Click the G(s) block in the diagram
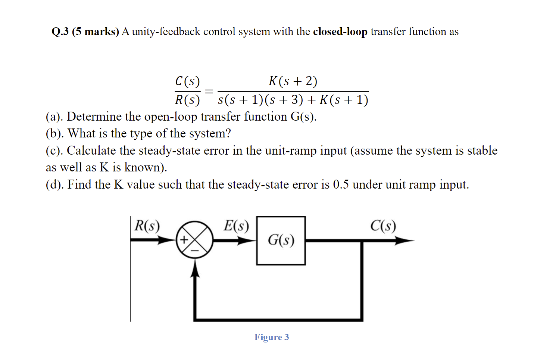click(281, 240)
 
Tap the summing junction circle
click(194, 240)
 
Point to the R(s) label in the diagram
click(147, 226)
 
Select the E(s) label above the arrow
click(236, 226)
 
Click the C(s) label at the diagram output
click(383, 226)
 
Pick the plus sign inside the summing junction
click(184, 240)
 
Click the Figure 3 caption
click(272, 337)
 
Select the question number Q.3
click(60, 32)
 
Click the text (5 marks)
click(96, 32)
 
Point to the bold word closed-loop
click(340, 32)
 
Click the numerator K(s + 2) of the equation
click(293, 81)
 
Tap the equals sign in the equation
click(209, 91)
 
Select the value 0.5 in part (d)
click(341, 184)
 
